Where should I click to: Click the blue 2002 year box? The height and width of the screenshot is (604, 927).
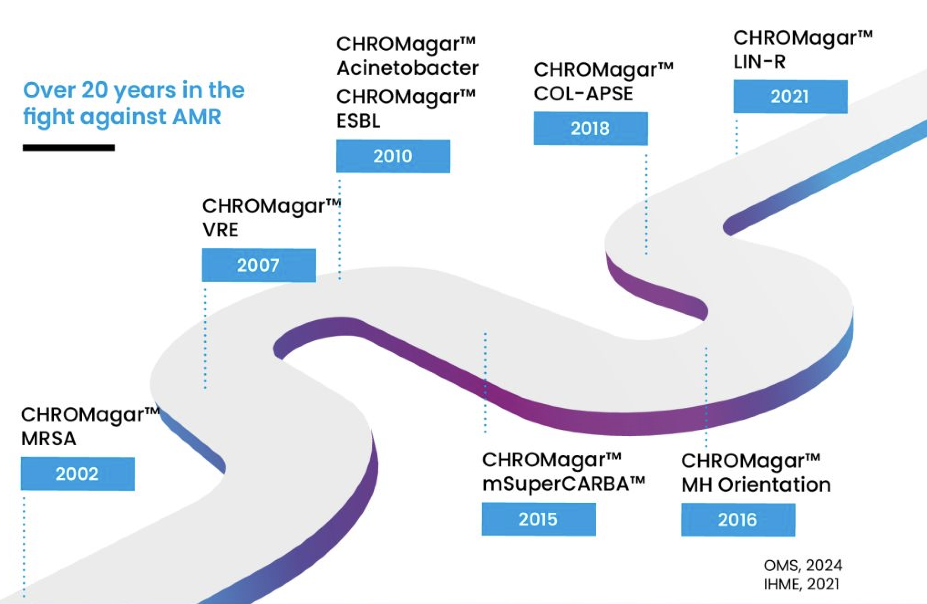pyautogui.click(x=77, y=474)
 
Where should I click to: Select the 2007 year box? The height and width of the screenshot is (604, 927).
pyautogui.click(x=259, y=265)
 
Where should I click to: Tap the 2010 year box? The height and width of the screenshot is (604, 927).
pyautogui.click(x=393, y=156)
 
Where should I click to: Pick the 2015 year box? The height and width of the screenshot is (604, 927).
pyautogui.click(x=539, y=519)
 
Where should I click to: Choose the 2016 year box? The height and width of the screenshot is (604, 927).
pyautogui.click(x=738, y=520)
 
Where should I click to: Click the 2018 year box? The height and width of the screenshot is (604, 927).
pyautogui.click(x=591, y=129)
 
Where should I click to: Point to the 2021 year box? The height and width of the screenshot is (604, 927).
pyautogui.click(x=790, y=97)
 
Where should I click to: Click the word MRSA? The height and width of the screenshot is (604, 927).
pyautogui.click(x=48, y=438)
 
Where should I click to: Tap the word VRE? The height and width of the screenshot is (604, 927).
pyautogui.click(x=220, y=229)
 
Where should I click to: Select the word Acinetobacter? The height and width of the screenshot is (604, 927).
pyautogui.click(x=407, y=68)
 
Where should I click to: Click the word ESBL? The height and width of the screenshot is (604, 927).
pyautogui.click(x=358, y=121)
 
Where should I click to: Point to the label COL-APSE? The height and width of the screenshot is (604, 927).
pyautogui.click(x=583, y=94)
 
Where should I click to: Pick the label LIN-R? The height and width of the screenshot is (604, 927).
pyautogui.click(x=759, y=62)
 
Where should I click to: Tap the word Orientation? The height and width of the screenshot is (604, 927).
pyautogui.click(x=774, y=484)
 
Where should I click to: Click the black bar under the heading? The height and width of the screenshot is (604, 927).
pyautogui.click(x=69, y=148)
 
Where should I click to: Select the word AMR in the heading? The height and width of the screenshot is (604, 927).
pyautogui.click(x=197, y=116)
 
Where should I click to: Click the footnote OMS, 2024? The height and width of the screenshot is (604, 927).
pyautogui.click(x=803, y=566)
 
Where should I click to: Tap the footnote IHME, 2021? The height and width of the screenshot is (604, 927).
pyautogui.click(x=801, y=584)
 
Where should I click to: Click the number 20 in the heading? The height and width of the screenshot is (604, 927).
pyautogui.click(x=95, y=90)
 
